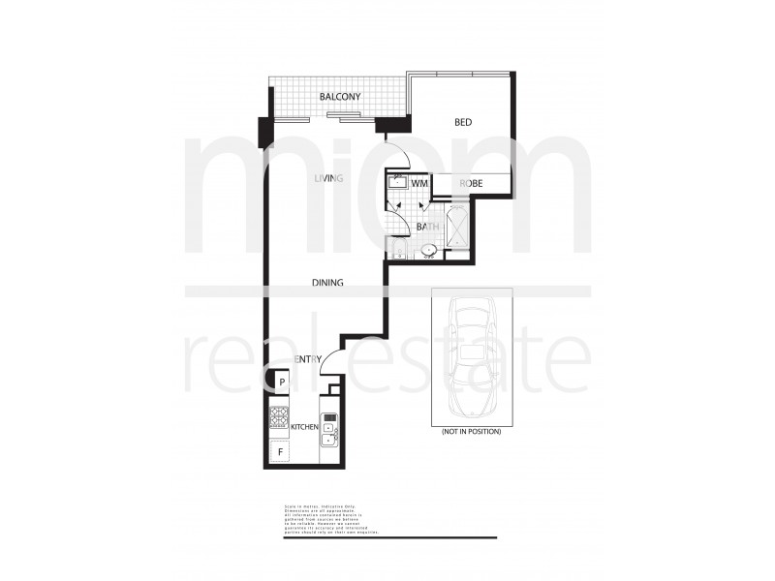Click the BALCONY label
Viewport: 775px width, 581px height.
tap(340, 97)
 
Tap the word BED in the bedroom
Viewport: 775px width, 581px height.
tap(463, 123)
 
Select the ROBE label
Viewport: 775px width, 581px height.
tap(472, 183)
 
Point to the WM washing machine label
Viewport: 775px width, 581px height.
tap(419, 183)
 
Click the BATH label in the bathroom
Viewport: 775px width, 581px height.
tap(427, 228)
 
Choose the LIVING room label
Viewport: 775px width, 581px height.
tap(329, 178)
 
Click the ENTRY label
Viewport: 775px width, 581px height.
tap(307, 359)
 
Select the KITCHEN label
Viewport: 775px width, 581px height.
tap(305, 427)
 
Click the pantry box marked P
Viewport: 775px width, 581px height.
tap(281, 382)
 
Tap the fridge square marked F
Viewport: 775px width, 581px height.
tap(281, 451)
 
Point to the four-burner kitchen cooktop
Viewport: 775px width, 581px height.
tap(280, 417)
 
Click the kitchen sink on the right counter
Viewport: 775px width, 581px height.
tap(330, 431)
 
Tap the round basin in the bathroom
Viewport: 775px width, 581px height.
tap(429, 251)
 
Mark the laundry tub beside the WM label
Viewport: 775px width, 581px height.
tap(398, 182)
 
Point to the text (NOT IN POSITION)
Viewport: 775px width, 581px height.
tap(471, 430)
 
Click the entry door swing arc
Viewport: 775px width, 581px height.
tap(328, 355)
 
